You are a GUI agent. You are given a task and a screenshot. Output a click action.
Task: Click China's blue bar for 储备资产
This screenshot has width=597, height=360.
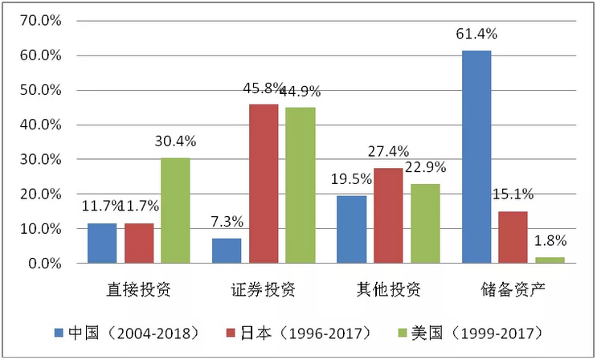476,157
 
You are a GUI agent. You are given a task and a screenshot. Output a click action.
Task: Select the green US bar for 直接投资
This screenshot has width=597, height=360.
175,211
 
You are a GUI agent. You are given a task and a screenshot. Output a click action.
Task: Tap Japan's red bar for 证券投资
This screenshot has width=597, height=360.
264,183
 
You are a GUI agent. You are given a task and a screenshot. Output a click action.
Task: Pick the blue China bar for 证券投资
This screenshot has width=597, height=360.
227,251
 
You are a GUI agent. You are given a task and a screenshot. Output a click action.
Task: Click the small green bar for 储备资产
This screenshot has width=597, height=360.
550,260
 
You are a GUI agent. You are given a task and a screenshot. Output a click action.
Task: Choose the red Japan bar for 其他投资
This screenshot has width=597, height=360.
388,215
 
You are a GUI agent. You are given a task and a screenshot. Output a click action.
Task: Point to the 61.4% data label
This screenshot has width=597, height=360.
476,35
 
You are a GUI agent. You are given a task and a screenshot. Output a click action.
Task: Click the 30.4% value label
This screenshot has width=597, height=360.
176,141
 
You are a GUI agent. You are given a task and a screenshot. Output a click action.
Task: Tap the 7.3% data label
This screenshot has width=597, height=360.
227,221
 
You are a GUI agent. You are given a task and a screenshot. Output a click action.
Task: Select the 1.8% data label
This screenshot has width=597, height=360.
550,240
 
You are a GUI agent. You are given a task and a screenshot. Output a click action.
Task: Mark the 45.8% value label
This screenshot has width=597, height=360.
262,88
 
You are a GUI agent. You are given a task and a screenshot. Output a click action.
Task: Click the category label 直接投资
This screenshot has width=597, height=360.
139,288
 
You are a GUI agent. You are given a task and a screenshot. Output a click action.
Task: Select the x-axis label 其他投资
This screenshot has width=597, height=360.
388,288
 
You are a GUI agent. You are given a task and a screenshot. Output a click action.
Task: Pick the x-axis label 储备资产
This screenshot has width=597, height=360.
513,288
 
